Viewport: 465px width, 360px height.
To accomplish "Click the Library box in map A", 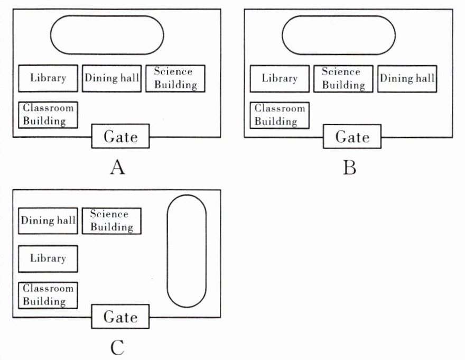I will click(x=48, y=78).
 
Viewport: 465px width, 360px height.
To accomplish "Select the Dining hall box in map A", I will click(x=111, y=78).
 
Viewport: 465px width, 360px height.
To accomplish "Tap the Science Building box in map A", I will click(x=175, y=78).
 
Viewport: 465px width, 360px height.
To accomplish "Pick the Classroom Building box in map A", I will click(x=48, y=115).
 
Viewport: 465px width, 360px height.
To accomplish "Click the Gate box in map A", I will click(x=120, y=137).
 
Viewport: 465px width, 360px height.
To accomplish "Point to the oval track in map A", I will click(x=107, y=35).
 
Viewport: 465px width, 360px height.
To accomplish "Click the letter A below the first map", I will click(x=117, y=168).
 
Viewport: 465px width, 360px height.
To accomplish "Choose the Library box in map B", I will click(x=280, y=78).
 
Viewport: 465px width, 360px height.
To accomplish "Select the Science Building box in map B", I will click(x=343, y=78).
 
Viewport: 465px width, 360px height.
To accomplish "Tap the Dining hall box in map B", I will click(x=407, y=78).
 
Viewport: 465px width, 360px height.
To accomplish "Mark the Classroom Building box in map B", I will click(x=280, y=115).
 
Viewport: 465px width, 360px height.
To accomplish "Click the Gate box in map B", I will click(x=352, y=137).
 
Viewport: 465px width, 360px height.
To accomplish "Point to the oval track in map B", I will click(x=339, y=35).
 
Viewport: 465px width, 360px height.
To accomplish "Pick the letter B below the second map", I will click(x=349, y=168).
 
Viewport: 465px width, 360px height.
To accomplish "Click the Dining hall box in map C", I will click(x=48, y=220).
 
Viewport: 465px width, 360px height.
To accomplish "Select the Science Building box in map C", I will click(x=111, y=220).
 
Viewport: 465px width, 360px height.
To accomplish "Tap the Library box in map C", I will click(x=48, y=259).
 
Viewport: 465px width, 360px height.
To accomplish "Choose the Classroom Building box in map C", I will click(x=48, y=296).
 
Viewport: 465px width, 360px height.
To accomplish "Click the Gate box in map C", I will click(x=120, y=317).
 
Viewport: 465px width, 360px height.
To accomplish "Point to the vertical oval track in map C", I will click(x=187, y=251).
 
